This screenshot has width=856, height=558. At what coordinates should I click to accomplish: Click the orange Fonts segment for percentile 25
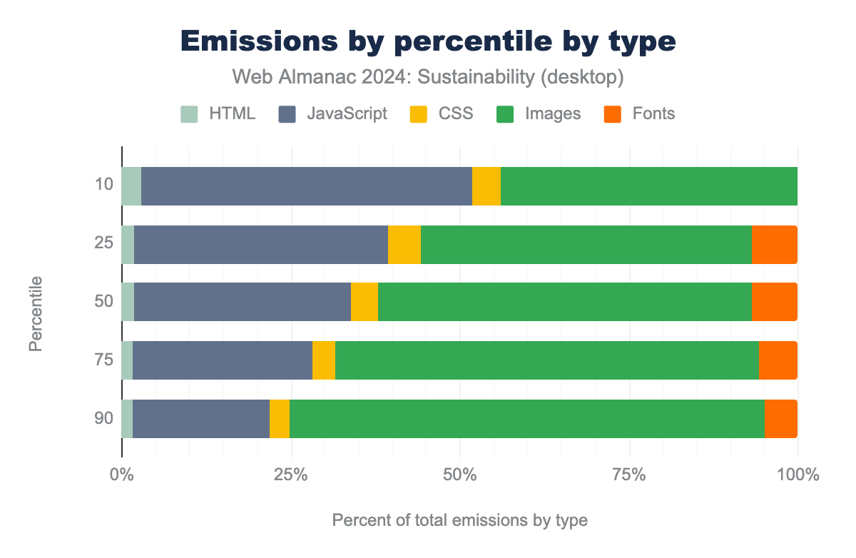point(774,245)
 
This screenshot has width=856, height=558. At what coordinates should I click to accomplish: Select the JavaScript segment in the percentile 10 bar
point(307,186)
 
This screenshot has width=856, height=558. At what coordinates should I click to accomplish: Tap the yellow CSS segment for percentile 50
point(364,302)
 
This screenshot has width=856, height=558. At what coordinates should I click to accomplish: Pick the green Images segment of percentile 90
point(526,418)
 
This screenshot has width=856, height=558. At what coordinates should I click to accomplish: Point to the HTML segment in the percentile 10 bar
point(131,186)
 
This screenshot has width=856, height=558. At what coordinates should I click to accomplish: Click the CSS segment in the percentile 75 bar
point(324,360)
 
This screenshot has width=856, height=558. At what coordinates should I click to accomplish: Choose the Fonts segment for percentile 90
point(780,418)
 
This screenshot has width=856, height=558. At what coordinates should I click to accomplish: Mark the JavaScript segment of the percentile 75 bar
point(223,360)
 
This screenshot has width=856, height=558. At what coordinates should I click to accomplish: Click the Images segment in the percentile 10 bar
point(648,186)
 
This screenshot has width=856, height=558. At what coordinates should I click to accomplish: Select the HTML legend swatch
point(189,113)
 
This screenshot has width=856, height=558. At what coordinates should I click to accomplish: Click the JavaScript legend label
point(347,113)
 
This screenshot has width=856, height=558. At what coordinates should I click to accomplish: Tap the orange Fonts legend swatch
point(613,113)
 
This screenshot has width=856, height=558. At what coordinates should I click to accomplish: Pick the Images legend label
point(552,113)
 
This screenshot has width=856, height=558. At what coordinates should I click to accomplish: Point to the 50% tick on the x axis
point(460,474)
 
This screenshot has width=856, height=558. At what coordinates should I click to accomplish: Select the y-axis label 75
point(104,360)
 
